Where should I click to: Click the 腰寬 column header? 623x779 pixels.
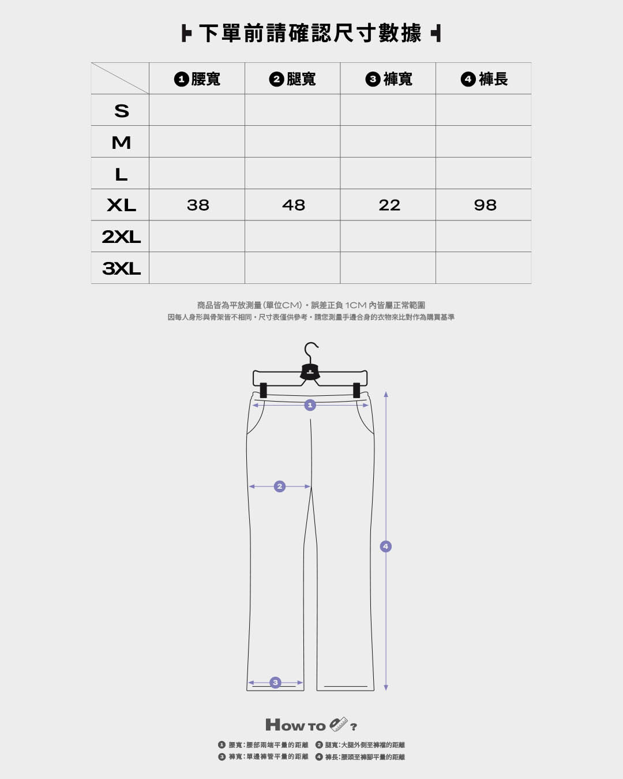(x=197, y=79)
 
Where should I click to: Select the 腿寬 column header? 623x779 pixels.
(x=292, y=79)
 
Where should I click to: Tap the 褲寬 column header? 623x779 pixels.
(x=389, y=79)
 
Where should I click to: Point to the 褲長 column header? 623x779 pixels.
(x=485, y=79)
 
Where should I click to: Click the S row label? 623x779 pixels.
(x=122, y=111)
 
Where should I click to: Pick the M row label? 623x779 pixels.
(x=121, y=143)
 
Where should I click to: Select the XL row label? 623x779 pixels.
(x=122, y=205)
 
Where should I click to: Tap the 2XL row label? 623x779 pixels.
(x=121, y=237)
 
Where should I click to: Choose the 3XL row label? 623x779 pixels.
(x=121, y=268)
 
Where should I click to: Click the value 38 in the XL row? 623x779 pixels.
(x=198, y=205)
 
